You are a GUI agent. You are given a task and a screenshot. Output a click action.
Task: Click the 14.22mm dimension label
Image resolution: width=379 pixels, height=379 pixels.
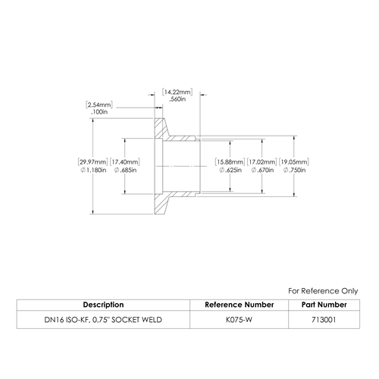pos(177,92)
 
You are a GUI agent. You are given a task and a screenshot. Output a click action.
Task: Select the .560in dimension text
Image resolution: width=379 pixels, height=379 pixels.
pos(177,99)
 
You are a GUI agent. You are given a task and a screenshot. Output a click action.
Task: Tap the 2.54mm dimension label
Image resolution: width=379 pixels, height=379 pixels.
pos(99,105)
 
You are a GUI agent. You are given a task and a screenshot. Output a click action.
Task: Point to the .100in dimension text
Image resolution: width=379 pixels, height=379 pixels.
pos(99,112)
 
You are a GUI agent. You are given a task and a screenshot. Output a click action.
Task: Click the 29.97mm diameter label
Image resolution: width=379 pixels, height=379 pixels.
pos(92,162)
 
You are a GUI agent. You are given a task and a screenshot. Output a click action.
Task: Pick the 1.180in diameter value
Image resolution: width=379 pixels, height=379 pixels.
pos(93,170)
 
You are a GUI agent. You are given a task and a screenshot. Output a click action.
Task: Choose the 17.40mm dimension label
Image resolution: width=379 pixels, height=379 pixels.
pos(125,162)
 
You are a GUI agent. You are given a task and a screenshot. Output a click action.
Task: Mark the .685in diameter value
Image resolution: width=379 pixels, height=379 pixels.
pos(125,170)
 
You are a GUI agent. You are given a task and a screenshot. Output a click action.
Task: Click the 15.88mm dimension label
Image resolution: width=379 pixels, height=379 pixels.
pos(230,162)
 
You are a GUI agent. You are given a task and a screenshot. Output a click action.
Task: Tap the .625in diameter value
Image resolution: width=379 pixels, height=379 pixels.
pos(230,170)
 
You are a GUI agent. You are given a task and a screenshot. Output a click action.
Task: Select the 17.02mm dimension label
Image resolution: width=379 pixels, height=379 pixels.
pos(262,162)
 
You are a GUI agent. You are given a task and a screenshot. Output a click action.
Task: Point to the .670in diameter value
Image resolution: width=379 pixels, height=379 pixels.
pos(262,170)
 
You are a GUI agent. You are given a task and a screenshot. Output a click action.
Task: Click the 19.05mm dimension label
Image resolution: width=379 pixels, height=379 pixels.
pos(294,162)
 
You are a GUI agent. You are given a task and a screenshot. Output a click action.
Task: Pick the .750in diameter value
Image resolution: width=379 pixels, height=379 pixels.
pos(295,170)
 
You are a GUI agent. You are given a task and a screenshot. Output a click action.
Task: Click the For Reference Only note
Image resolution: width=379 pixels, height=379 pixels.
pos(323,291)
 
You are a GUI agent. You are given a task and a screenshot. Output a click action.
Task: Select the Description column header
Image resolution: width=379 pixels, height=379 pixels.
pos(103,305)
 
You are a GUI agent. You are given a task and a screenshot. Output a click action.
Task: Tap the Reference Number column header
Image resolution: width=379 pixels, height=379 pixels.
pos(240,305)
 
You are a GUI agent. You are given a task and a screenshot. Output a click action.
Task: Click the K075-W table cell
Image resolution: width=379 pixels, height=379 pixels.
pos(239,320)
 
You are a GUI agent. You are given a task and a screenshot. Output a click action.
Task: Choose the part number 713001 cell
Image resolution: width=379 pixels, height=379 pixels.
pos(324,320)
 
